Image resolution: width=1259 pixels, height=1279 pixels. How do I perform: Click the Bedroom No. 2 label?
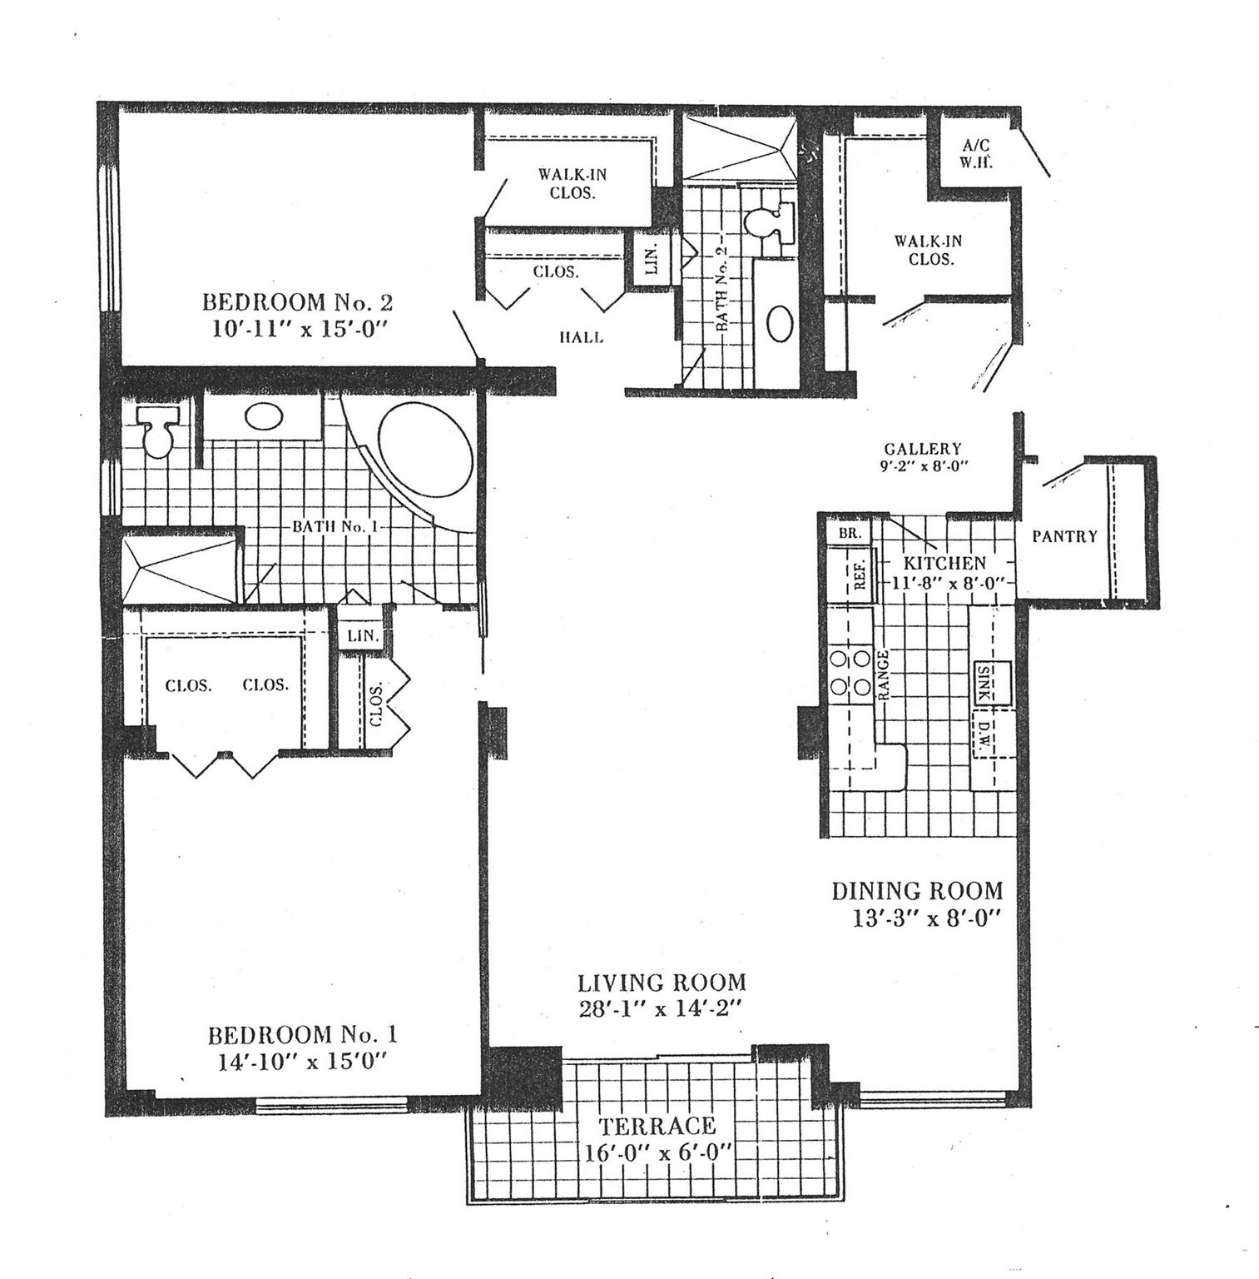298,301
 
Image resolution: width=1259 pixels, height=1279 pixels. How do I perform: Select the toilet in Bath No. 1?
156,430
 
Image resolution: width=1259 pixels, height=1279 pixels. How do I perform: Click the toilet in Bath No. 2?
762,224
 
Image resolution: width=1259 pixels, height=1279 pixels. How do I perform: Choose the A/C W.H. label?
971,155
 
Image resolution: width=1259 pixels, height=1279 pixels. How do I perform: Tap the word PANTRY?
1064,537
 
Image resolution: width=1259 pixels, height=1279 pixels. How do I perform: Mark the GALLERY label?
922,450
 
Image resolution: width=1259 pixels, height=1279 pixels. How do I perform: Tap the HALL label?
580,338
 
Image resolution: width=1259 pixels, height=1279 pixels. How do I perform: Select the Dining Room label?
918,891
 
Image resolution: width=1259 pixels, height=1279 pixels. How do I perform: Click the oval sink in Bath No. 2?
780,323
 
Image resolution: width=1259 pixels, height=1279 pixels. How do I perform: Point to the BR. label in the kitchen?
849,533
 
